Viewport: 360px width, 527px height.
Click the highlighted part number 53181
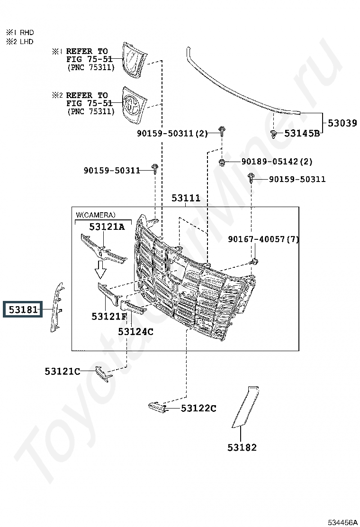[x=23, y=309]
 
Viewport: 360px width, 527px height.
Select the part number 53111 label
[x=186, y=198]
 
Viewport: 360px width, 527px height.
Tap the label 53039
[x=342, y=123]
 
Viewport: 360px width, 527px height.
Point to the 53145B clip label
[x=302, y=134]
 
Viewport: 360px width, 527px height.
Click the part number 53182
[x=242, y=447]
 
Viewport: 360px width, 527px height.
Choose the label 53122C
[x=198, y=409]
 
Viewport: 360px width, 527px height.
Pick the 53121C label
[x=63, y=372]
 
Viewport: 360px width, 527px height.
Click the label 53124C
[x=135, y=332]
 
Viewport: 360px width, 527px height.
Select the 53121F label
[x=109, y=316]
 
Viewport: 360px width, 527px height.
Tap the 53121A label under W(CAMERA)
[x=107, y=227]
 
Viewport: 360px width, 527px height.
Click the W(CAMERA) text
[x=96, y=215]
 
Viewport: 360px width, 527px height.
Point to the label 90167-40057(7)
[x=263, y=239]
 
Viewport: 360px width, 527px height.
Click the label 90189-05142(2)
[x=277, y=162]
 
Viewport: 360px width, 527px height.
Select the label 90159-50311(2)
[x=172, y=134]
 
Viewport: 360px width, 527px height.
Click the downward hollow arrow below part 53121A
[x=100, y=269]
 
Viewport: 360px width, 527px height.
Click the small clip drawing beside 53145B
[x=274, y=134]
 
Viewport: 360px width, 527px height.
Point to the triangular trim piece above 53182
[x=245, y=407]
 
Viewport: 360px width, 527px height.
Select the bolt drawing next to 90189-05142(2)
[x=222, y=163]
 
